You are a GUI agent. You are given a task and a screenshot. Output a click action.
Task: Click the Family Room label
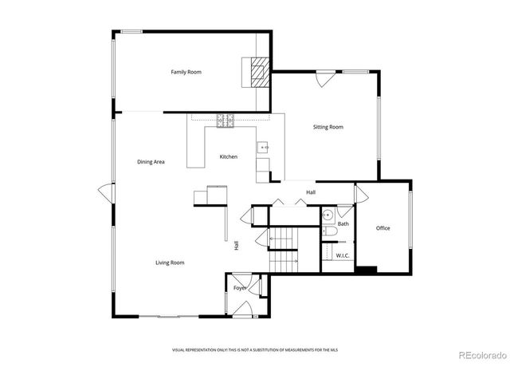click(186, 73)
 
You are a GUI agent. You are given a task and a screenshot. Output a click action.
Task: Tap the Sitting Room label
click(328, 127)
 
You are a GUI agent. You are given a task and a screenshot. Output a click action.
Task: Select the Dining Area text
click(151, 162)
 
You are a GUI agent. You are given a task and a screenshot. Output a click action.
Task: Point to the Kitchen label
click(229, 157)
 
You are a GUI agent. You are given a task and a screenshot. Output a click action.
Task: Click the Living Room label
click(170, 263)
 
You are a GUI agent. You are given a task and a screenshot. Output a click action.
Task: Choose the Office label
click(382, 229)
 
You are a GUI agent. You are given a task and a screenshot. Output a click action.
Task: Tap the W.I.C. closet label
click(343, 256)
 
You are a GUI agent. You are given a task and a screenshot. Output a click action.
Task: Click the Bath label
click(343, 224)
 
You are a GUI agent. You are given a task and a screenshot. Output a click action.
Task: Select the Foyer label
click(239, 287)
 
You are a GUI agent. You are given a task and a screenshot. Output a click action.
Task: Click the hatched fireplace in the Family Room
click(258, 73)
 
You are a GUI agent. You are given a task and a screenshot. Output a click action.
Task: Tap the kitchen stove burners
click(226, 120)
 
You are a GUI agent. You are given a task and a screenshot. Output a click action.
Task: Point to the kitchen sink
click(263, 148)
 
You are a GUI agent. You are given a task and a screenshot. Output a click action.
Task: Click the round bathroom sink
click(328, 216)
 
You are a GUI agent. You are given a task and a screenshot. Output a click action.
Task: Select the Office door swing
click(361, 193)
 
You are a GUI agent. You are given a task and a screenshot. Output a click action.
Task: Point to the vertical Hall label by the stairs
click(237, 247)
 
